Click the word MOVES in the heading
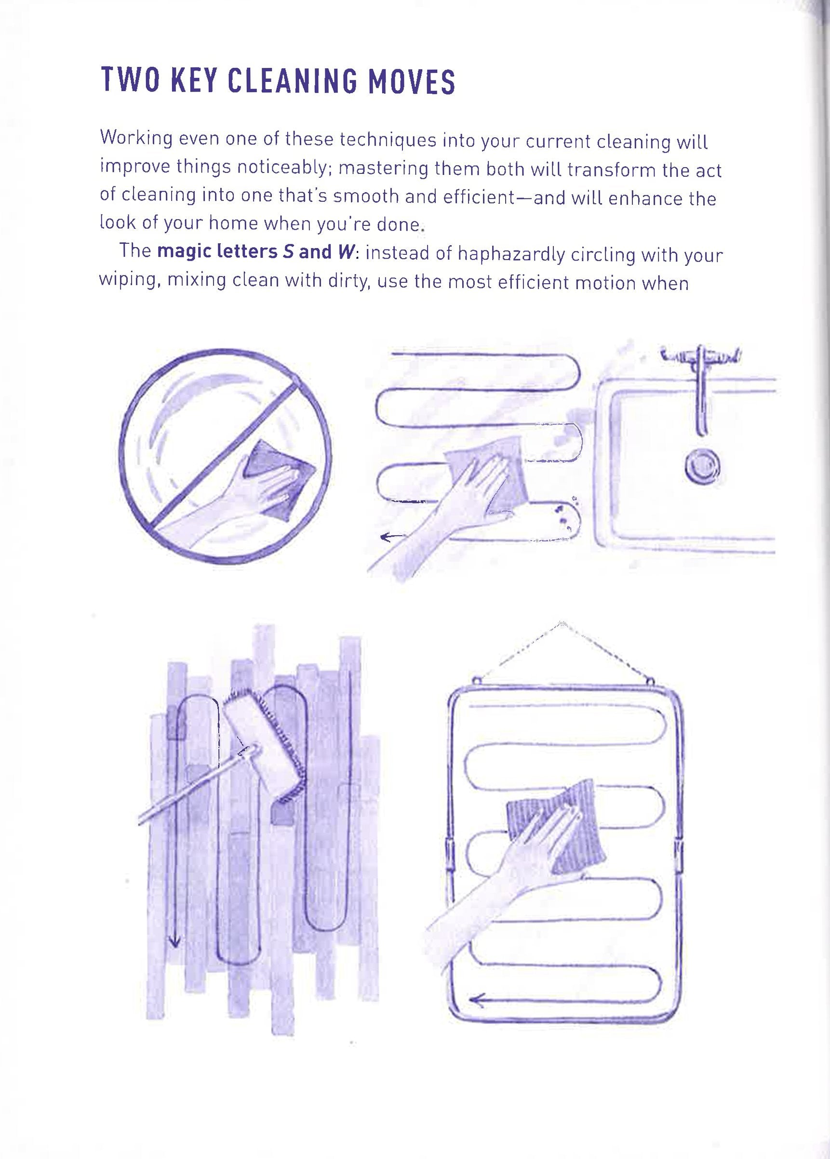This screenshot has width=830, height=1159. pyautogui.click(x=412, y=81)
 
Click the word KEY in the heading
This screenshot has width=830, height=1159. pyautogui.click(x=195, y=81)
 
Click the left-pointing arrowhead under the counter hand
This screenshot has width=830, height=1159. pyautogui.click(x=386, y=536)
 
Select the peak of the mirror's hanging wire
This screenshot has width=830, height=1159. pyautogui.click(x=562, y=624)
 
